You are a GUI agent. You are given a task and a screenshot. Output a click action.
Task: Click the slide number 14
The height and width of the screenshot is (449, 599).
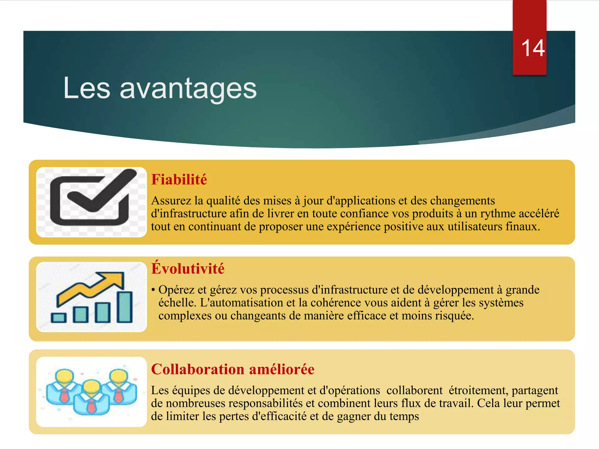533,48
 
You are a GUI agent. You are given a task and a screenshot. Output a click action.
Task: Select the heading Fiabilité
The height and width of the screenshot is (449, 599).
179,179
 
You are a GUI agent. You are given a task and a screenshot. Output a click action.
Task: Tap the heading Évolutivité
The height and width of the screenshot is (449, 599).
188,268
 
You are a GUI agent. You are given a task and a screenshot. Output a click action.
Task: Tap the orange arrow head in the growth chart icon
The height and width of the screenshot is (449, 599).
113,280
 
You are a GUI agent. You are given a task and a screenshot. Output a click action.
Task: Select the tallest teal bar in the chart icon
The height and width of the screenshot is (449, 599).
125,307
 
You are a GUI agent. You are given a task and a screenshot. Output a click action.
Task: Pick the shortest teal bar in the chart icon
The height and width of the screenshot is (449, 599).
58,318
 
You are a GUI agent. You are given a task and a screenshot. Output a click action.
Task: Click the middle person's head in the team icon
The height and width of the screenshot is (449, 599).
92,387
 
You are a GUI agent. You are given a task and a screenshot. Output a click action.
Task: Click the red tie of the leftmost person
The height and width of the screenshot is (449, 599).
64,395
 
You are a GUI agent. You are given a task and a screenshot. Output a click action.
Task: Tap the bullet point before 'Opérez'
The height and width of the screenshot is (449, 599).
153,290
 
